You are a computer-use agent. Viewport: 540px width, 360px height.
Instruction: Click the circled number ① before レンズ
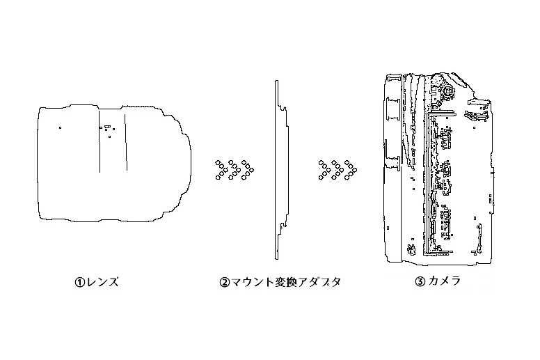[79, 283]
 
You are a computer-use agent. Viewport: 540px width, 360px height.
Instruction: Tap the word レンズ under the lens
[102, 282]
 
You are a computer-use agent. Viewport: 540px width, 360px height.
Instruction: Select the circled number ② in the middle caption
[224, 283]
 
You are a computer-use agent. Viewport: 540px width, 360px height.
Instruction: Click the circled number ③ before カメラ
[420, 282]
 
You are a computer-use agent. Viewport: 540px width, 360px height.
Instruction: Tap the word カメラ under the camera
[444, 281]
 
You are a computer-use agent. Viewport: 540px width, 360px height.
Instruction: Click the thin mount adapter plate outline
[276, 170]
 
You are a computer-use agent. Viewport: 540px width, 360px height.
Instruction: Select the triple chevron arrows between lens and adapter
[235, 170]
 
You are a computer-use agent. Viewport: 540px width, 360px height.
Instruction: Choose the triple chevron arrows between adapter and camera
[337, 170]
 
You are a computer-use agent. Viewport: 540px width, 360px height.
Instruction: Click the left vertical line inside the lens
[100, 141]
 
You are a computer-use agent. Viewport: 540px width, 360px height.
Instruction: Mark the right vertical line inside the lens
[126, 141]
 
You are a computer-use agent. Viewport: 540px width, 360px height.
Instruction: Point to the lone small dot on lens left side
[60, 128]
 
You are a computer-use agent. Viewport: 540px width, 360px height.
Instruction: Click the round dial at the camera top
[448, 91]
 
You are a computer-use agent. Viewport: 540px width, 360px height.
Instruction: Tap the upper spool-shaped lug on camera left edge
[393, 109]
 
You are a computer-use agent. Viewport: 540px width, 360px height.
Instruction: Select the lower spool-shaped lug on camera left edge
[392, 162]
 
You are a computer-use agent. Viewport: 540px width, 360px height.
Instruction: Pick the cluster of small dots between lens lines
[107, 130]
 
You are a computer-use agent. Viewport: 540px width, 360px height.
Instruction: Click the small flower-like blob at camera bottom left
[411, 249]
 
